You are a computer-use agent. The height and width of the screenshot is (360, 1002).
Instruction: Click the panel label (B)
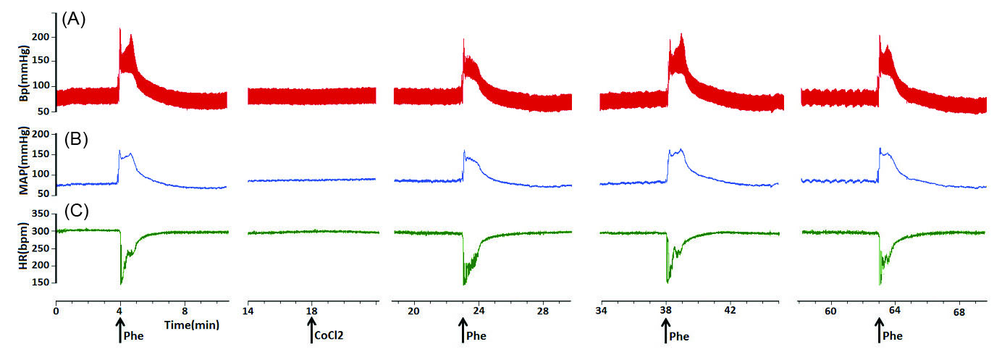[74, 139]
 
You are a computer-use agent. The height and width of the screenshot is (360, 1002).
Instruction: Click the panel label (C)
[74, 212]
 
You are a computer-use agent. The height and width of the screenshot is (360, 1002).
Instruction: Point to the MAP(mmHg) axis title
[24, 162]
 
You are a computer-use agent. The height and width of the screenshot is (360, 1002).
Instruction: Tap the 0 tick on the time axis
[56, 309]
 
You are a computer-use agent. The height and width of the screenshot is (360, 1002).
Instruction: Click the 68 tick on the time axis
[959, 311]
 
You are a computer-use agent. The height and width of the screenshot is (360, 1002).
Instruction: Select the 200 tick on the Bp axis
[43, 36]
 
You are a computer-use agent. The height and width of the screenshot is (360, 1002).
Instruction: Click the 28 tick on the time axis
[542, 310]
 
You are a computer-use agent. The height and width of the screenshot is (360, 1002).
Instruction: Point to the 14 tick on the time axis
[248, 309]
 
